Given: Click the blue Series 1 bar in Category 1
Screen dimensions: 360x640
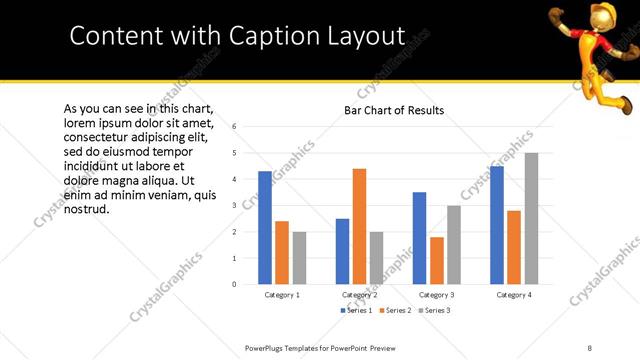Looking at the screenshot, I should [x=265, y=228].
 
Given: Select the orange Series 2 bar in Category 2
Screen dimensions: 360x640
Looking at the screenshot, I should [x=359, y=226].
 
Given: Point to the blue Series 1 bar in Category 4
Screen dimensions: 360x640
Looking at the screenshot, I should [x=497, y=225].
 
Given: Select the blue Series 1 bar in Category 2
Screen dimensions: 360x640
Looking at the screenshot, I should [x=342, y=251].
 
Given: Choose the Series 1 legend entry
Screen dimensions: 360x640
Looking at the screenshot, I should [x=356, y=311].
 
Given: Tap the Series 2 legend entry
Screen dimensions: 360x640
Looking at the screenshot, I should [x=396, y=311].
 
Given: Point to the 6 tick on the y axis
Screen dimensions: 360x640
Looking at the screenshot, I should [x=233, y=127].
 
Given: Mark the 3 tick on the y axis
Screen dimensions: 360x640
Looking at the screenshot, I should [x=233, y=206].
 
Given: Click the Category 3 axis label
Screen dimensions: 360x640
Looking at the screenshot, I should [x=437, y=296].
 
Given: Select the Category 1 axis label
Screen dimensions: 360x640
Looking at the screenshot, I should [x=282, y=296].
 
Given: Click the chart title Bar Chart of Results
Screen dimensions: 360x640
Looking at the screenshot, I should [x=394, y=110].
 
